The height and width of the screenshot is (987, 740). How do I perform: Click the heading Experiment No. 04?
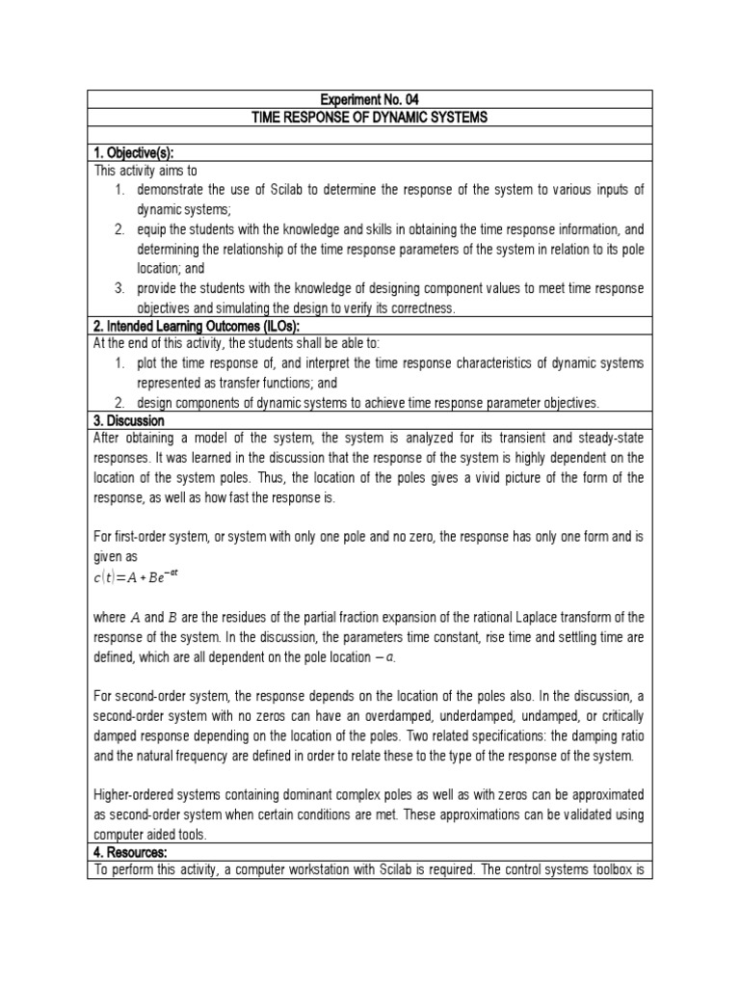(x=370, y=99)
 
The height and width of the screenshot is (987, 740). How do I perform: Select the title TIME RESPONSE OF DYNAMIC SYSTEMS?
(x=370, y=117)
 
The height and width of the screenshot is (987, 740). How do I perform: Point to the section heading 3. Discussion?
(x=128, y=421)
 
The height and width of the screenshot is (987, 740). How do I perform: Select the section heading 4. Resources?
(x=130, y=853)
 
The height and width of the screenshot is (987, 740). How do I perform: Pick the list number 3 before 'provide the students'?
(x=119, y=289)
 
